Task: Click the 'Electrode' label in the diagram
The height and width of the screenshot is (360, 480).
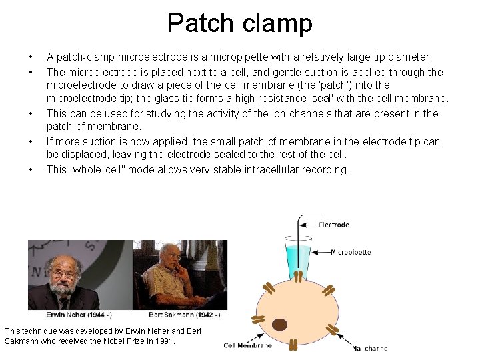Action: point(335,225)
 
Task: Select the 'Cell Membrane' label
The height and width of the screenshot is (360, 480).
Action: point(247,345)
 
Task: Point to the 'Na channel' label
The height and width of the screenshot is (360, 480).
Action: point(371,347)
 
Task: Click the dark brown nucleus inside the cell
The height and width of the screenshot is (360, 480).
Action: point(279,325)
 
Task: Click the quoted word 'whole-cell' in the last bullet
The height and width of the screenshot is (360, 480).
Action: point(89,169)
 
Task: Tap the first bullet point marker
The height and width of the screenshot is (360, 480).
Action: point(31,57)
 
